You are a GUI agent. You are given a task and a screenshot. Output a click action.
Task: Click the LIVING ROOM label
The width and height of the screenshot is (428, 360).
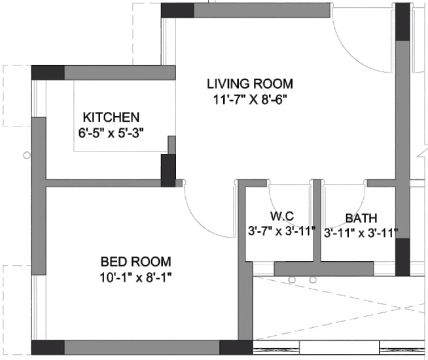(x=250, y=84)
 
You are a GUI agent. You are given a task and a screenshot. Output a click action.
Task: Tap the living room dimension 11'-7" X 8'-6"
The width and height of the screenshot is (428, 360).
(x=251, y=100)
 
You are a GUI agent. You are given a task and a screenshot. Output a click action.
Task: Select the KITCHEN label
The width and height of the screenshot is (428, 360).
(x=111, y=117)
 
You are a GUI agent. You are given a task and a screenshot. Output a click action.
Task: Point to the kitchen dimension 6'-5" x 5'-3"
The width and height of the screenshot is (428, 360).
(x=111, y=134)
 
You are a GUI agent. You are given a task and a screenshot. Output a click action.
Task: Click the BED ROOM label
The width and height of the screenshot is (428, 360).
(x=135, y=261)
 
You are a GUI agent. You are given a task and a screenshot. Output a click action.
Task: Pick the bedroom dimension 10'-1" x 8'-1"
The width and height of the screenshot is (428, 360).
(x=135, y=278)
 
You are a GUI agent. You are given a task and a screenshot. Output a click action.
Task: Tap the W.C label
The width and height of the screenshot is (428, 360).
(x=282, y=216)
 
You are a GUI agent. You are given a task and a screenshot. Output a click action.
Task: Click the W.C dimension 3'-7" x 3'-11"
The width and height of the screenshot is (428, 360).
(x=281, y=231)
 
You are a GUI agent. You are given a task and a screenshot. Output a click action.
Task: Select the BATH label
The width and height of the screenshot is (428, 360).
(x=361, y=219)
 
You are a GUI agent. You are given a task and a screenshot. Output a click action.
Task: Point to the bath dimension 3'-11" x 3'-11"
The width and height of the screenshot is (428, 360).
(x=361, y=234)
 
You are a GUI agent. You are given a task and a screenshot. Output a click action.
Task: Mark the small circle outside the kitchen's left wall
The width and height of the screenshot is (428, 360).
(x=27, y=156)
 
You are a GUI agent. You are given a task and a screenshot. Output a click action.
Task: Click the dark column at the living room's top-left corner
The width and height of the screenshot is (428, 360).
(x=177, y=10)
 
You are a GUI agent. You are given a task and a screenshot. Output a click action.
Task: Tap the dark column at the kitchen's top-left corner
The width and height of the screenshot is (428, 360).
(x=48, y=73)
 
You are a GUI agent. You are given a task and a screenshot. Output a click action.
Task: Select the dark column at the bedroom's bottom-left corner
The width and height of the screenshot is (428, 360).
(x=48, y=348)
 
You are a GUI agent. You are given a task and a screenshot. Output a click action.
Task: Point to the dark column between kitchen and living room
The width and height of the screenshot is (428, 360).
(x=168, y=170)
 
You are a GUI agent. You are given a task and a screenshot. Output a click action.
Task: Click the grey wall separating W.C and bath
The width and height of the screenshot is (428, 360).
(x=317, y=221)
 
